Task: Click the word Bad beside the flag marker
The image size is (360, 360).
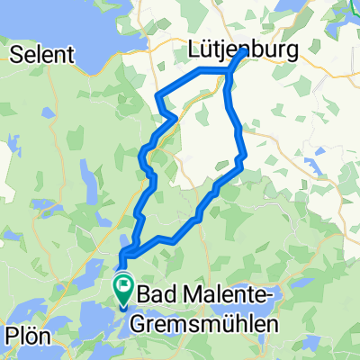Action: click(156, 293)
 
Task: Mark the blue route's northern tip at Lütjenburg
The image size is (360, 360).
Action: click(243, 53)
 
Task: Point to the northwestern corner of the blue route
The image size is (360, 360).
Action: click(158, 94)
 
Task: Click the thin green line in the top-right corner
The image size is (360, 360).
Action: click(351, 9)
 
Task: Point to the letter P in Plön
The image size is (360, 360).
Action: click(12, 337)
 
